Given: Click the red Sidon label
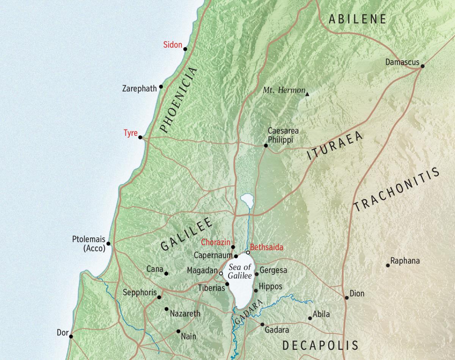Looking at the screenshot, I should tap(173, 45).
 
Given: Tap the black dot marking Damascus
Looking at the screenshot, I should tap(422, 66).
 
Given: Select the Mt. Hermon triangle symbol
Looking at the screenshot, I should tap(308, 94).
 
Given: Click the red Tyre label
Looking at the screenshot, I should tap(130, 133).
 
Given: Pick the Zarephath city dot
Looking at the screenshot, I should tap(161, 86).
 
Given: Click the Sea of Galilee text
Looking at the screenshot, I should tap(240, 271).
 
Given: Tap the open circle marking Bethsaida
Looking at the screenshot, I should tap(248, 252).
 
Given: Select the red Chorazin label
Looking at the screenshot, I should tap(215, 242).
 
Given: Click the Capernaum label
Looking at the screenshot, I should tap(213, 255).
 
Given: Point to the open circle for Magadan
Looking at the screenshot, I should tap(221, 273).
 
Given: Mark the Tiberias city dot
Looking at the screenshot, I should tap(227, 284).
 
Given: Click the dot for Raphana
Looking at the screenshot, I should tap(388, 265).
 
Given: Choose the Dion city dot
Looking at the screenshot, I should tap(347, 298).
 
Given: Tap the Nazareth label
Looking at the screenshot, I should tap(185, 314).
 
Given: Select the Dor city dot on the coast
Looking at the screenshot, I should tap(71, 336).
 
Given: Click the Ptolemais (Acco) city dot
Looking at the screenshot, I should tap(108, 244).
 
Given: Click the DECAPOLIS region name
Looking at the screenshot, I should tap(320, 345).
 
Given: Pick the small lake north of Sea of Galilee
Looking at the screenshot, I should tap(246, 199).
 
